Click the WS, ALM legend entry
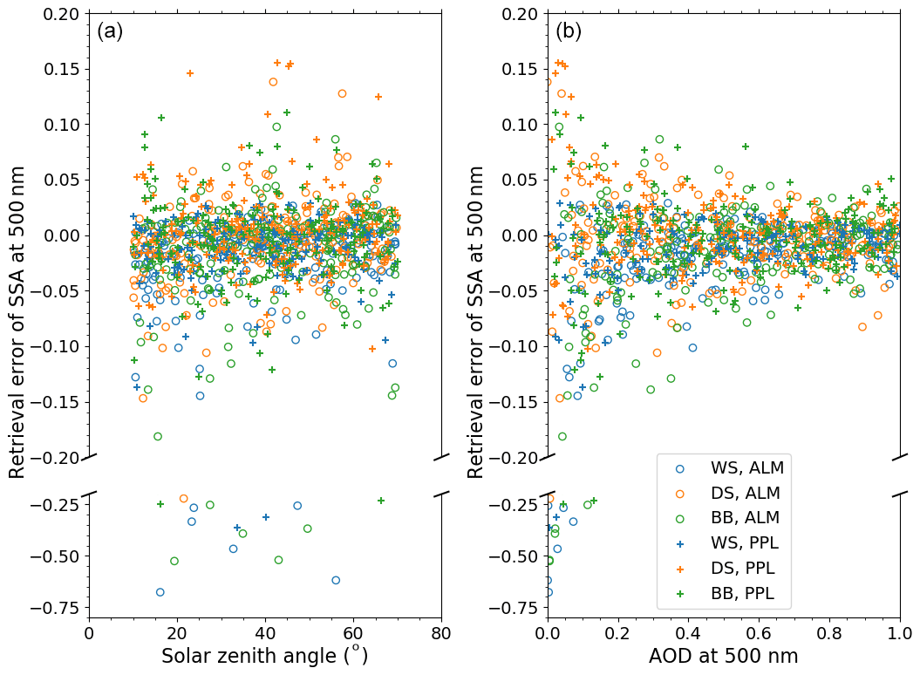(746, 467)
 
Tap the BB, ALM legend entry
(746, 518)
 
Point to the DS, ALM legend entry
(746, 493)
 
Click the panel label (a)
(110, 31)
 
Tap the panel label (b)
(569, 31)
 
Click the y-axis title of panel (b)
(476, 321)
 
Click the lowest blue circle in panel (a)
(160, 592)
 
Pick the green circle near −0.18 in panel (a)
(158, 436)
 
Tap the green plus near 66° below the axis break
(381, 501)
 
